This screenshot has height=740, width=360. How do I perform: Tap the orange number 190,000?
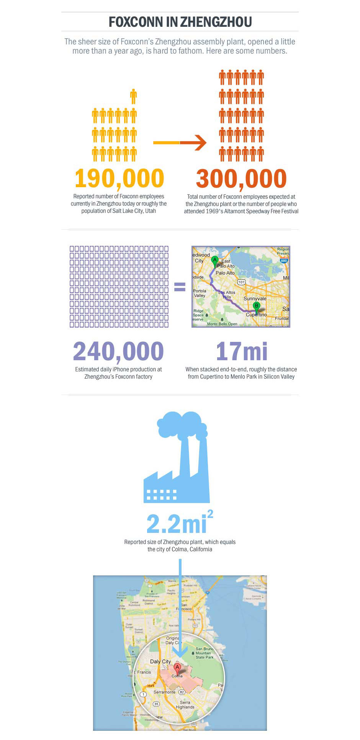tap(119, 178)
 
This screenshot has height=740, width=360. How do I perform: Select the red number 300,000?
tap(241, 178)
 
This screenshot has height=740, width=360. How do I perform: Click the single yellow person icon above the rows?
tap(133, 96)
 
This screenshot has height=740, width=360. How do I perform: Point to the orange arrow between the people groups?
tap(180, 143)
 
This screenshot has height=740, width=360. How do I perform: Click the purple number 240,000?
tap(118, 351)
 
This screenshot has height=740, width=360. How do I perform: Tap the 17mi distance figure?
tap(242, 351)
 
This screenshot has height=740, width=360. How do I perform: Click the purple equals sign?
tap(180, 287)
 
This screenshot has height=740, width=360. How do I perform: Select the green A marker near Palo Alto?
tap(215, 260)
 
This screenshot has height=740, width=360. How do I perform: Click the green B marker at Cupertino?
tap(257, 306)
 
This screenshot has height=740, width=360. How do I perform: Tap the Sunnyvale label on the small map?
tap(255, 299)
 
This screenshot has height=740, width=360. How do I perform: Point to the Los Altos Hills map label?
tap(227, 294)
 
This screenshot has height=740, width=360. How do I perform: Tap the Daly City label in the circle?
tap(160, 662)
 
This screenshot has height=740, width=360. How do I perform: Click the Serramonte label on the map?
tap(164, 692)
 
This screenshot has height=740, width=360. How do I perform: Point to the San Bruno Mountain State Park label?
tap(205, 653)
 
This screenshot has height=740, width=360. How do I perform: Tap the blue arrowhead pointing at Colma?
tap(180, 650)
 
